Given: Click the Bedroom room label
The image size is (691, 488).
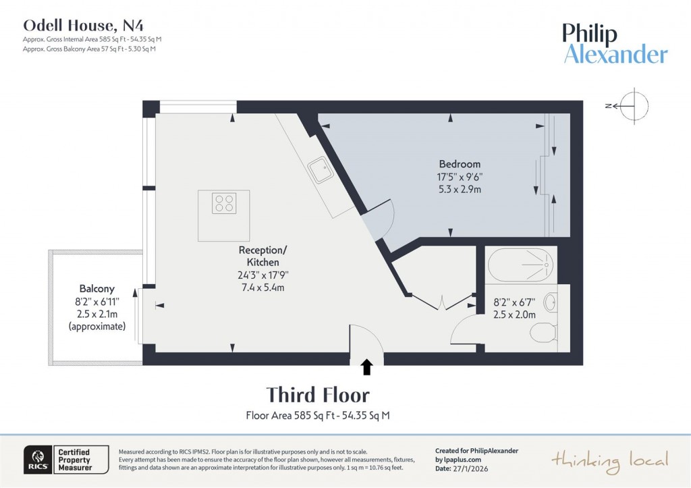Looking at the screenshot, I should coord(460,164).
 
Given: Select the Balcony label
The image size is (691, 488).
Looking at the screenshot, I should coord(96,288).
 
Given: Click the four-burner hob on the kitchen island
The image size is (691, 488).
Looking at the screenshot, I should coord(224,203).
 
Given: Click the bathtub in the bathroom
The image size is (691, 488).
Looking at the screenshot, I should coord(522,266).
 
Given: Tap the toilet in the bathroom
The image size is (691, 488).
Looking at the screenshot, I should coord(543,333).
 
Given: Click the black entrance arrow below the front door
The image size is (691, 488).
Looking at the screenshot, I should coord(366,367).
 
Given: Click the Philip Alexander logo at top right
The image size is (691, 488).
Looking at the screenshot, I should coord(615,44).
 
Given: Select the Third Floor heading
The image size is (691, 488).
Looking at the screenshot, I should coord(318,395).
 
